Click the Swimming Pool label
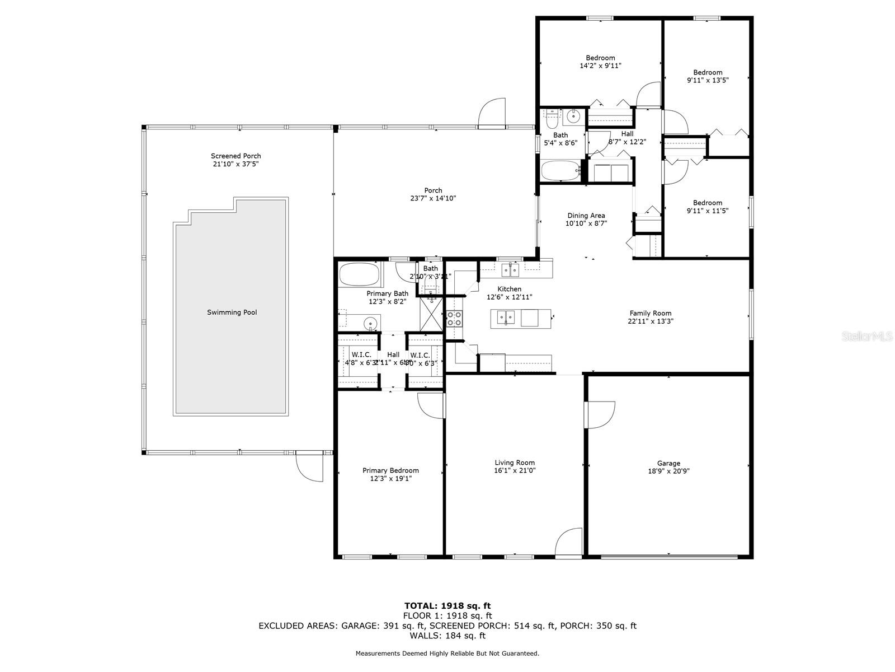[232, 312]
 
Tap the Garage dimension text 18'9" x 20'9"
[668, 472]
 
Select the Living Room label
[515, 463]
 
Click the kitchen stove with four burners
[454, 319]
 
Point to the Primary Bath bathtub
[359, 275]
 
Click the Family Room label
[650, 314]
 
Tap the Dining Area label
[586, 216]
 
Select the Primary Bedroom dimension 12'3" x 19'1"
[390, 479]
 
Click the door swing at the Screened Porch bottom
[309, 466]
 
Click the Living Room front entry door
[569, 543]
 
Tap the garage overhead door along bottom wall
[668, 557]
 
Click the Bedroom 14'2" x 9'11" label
[600, 58]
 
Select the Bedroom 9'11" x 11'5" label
[707, 203]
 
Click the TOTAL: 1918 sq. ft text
[447, 605]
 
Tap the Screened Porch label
[235, 156]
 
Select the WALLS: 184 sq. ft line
[447, 636]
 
